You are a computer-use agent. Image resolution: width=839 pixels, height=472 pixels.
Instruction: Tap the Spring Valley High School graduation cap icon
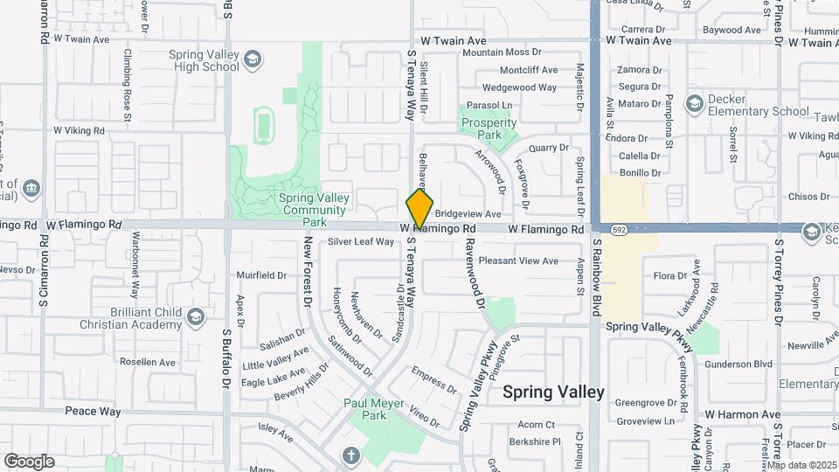pos(253,59)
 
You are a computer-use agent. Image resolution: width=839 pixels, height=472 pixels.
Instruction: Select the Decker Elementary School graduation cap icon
pos(694,105)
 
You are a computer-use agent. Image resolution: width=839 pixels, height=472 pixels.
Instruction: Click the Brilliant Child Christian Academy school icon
pos(197,316)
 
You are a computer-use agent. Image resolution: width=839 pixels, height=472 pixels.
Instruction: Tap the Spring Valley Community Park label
pos(313,204)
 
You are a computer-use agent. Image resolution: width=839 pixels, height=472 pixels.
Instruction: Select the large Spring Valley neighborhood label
pos(553,392)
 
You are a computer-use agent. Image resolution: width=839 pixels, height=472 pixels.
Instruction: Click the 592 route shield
pos(619,229)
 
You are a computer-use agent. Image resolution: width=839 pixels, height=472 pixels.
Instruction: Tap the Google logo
pos(29,461)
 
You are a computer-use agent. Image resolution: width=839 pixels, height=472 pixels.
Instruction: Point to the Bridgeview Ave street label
pos(468,213)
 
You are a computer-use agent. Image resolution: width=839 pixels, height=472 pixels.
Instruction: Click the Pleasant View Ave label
pos(518,260)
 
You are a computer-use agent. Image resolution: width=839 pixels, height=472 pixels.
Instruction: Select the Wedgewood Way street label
pos(519,87)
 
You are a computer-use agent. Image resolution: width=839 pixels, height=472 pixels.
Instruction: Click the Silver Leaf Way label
pos(361,242)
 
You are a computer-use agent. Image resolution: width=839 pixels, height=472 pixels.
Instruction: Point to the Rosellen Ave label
pos(148,362)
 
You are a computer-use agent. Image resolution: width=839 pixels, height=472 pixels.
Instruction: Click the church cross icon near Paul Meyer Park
pos(350,455)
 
